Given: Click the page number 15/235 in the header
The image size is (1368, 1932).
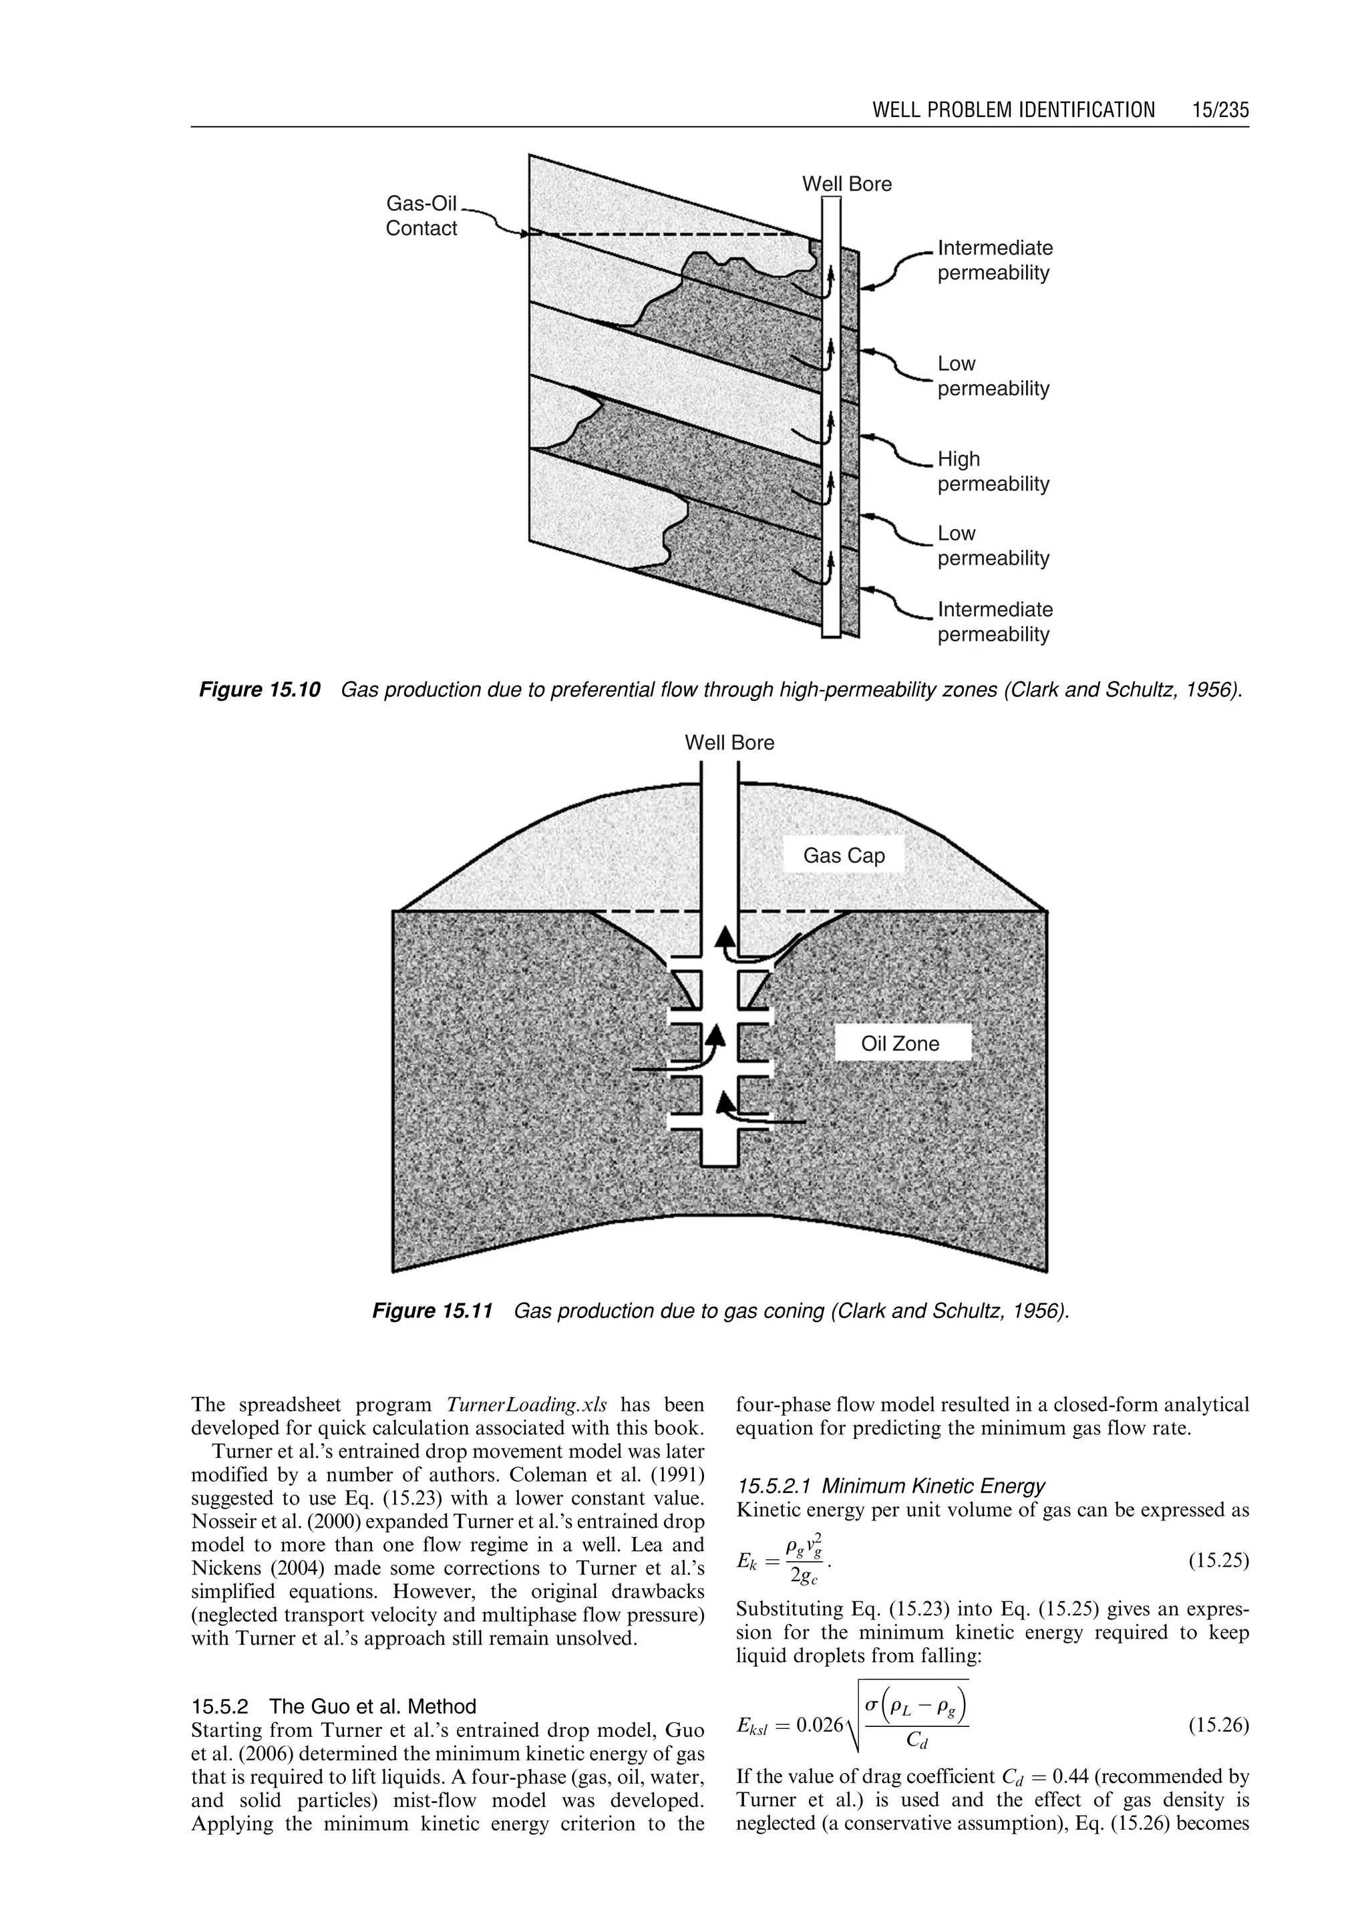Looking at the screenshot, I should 1220,110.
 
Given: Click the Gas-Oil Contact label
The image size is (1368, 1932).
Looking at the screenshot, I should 421,216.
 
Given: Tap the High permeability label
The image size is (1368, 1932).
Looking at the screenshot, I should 993,471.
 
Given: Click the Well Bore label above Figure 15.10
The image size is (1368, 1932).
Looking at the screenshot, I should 846,184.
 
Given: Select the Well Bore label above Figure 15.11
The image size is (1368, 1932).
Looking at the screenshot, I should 729,742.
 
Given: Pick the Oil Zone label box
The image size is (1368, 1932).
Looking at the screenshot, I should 900,1043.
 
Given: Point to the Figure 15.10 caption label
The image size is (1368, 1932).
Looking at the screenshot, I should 259,690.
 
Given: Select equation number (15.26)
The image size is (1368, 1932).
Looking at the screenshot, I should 1218,1726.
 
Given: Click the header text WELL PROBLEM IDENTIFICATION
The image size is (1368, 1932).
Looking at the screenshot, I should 1013,110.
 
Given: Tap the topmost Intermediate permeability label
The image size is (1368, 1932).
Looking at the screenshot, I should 995,261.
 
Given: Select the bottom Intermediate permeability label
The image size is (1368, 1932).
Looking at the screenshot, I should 995,622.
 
